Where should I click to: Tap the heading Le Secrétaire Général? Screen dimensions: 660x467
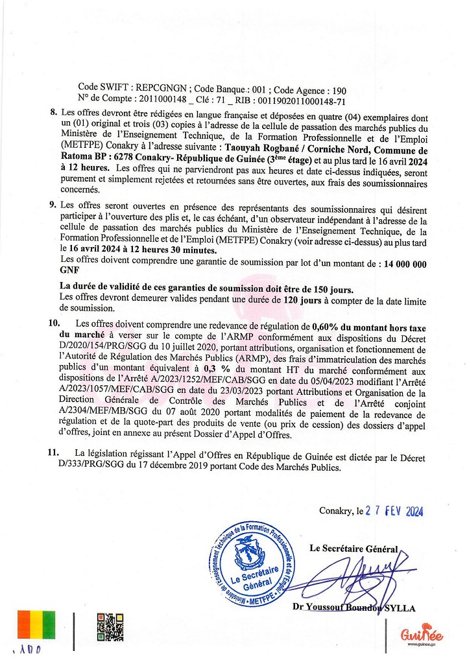[x=353, y=548]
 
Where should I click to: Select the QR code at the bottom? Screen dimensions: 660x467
[x=110, y=626]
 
